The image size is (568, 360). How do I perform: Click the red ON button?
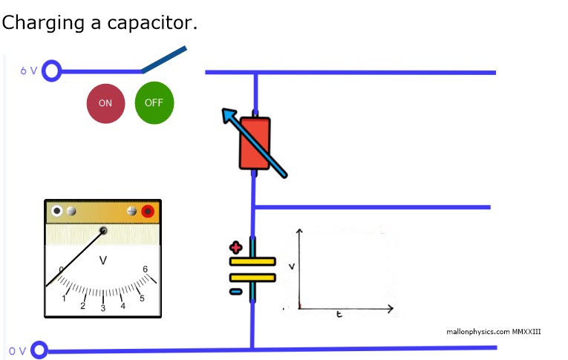(105, 103)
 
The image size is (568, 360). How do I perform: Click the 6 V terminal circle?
(51, 71)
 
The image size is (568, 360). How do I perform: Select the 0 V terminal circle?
(39, 350)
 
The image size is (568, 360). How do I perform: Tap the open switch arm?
(164, 61)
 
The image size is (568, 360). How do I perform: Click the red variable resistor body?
(255, 143)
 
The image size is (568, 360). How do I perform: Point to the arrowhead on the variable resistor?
(229, 116)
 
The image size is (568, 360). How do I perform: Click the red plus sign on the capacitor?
(236, 248)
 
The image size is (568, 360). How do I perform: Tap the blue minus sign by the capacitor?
(235, 291)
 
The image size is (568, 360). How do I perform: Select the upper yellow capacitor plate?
(252, 261)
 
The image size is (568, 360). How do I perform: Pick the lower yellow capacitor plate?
(252, 277)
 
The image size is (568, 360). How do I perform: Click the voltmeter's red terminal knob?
(147, 212)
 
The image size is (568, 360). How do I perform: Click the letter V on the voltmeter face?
(103, 261)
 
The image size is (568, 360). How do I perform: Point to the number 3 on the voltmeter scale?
(103, 308)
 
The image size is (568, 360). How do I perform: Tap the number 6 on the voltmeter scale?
(146, 269)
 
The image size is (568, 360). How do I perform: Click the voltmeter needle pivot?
(103, 230)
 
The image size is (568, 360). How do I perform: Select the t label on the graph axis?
(339, 315)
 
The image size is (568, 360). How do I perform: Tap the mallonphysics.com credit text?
(494, 331)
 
